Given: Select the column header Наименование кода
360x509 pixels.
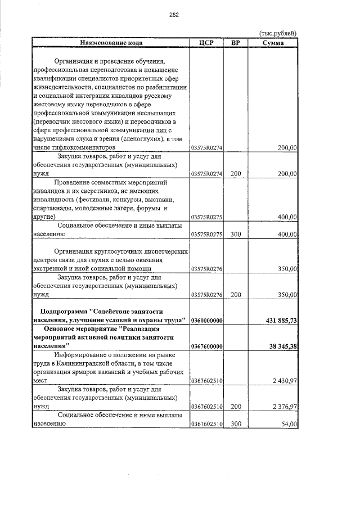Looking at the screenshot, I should (111, 42).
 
